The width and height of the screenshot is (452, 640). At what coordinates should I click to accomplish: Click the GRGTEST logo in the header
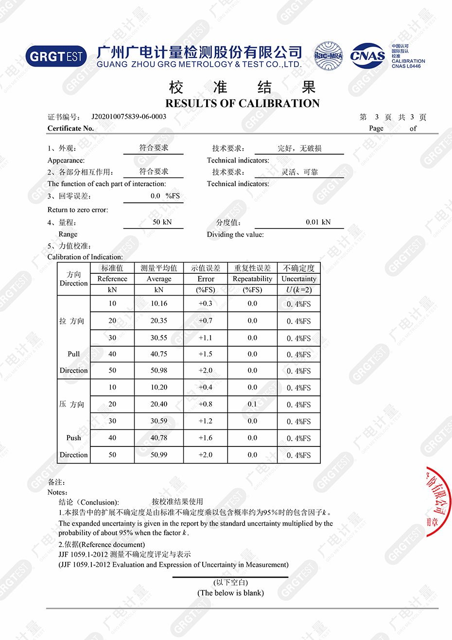click(56, 56)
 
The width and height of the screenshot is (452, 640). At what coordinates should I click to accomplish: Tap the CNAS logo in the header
click(367, 56)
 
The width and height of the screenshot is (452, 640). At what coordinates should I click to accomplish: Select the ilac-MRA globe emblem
click(328, 56)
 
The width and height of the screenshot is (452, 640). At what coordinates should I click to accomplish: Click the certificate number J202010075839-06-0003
click(129, 117)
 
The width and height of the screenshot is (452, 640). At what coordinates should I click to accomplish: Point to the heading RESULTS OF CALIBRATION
click(243, 103)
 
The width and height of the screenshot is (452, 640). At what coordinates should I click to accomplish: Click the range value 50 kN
click(162, 222)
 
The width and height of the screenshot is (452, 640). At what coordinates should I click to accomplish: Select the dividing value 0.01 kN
click(318, 222)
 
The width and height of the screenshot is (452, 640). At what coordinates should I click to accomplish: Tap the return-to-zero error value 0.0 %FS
click(165, 196)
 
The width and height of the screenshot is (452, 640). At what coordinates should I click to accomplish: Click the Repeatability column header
click(252, 279)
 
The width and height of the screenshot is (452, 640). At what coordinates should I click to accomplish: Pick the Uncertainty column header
click(298, 279)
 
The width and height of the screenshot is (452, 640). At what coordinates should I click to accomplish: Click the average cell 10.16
click(158, 303)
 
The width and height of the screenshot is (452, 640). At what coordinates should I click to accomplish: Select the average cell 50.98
click(158, 371)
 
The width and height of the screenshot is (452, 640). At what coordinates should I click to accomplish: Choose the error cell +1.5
click(205, 354)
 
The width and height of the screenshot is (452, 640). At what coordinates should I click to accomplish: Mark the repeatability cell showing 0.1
click(252, 404)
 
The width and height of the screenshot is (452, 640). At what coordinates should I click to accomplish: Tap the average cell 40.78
click(158, 438)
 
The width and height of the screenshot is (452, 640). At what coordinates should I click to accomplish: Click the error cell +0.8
click(205, 404)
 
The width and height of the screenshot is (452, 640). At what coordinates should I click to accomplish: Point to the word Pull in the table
click(73, 354)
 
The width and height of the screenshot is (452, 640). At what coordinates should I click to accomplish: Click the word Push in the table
click(73, 438)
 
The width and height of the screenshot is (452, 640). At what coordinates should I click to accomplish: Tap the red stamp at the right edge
click(438, 501)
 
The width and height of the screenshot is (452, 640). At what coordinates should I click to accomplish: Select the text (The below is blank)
click(230, 593)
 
